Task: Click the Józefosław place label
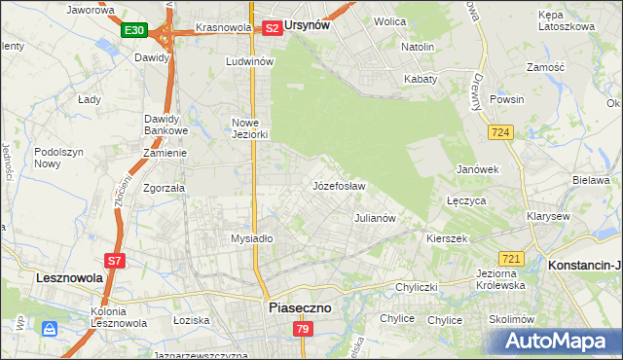(338, 186)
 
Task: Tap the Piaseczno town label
(299, 307)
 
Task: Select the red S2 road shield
(273, 29)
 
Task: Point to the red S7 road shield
(114, 261)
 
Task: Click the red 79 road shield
(303, 331)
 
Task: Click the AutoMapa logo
(558, 342)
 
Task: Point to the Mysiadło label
(251, 238)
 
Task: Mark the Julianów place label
(375, 218)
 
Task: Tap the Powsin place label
(507, 99)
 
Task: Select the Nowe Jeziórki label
(248, 128)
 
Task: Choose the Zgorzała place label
(164, 189)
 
